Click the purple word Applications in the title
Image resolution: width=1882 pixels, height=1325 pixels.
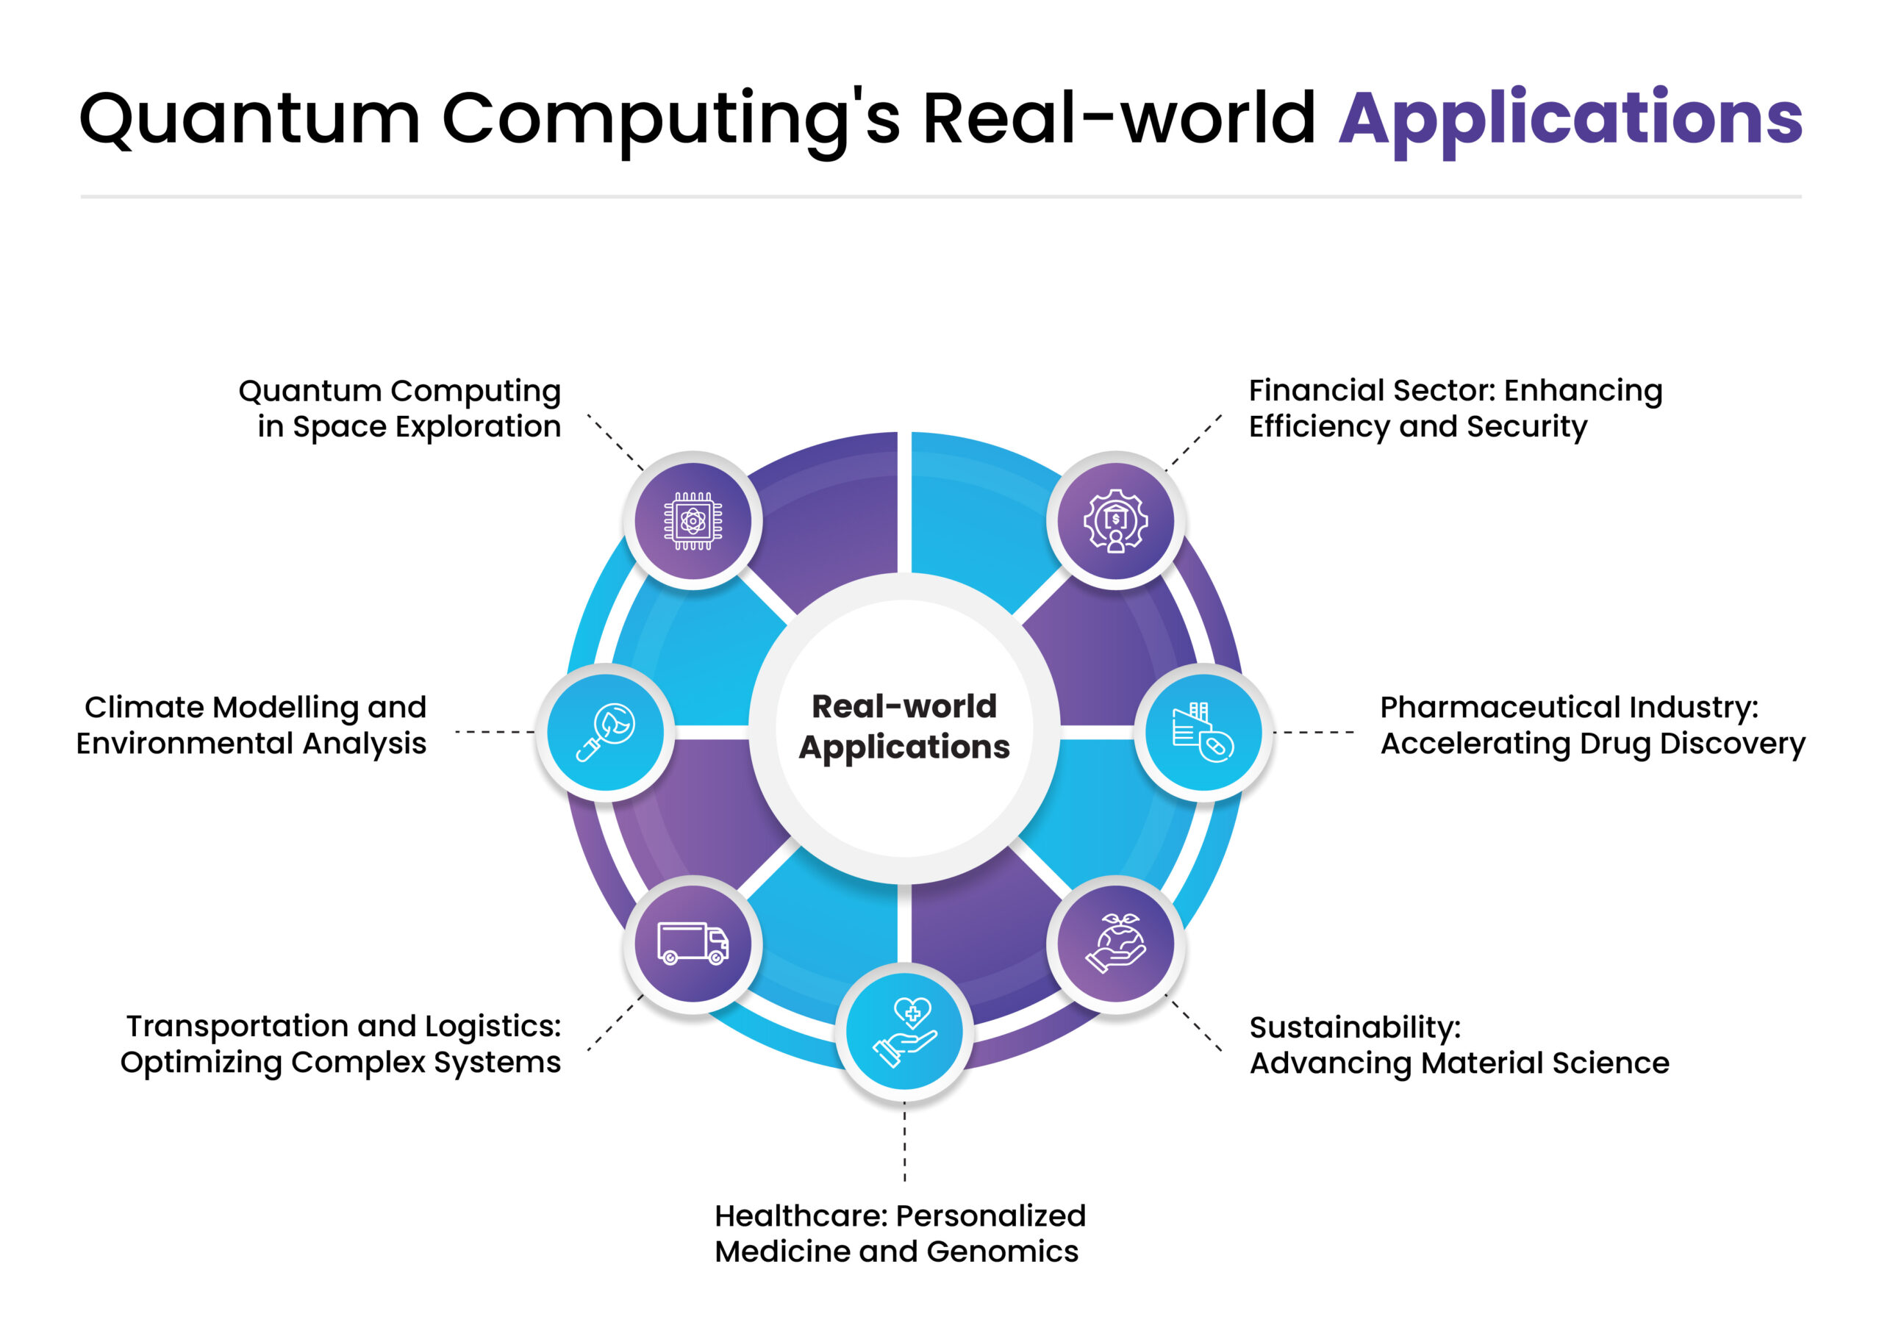click(1570, 119)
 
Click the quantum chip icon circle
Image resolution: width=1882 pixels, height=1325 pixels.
click(693, 520)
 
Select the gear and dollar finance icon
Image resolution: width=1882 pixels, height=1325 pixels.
click(1115, 520)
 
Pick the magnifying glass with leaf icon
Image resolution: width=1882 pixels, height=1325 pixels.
click(606, 732)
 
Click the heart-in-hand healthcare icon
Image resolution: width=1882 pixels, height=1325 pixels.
click(904, 1031)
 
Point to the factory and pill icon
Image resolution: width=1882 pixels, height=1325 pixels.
click(1203, 732)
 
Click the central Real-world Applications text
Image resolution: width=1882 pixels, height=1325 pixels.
click(904, 727)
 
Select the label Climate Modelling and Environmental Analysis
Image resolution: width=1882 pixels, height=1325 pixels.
click(251, 725)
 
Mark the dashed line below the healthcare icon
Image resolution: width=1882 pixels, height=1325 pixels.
click(904, 1143)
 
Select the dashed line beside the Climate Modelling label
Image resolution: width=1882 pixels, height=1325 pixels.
click(493, 732)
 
